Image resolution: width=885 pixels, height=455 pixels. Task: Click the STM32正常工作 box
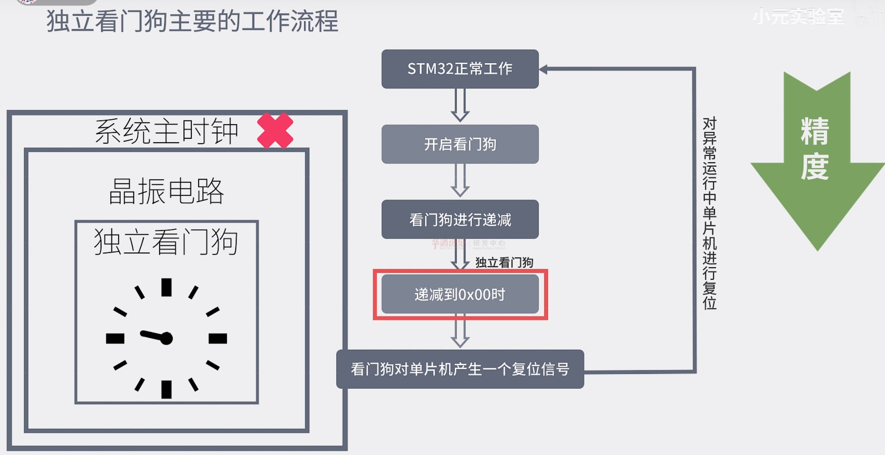click(460, 69)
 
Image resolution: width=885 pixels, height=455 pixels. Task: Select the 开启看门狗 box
click(460, 144)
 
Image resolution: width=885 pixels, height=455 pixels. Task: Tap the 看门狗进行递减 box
click(460, 219)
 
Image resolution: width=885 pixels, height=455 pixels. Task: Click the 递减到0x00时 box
click(460, 295)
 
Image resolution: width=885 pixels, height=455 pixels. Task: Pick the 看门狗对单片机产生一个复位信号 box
click(460, 369)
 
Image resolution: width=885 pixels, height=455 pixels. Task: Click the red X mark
click(275, 131)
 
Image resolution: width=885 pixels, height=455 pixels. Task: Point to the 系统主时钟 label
click(167, 131)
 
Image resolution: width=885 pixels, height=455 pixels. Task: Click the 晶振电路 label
click(166, 191)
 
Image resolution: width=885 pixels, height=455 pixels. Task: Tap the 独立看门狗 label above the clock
click(166, 242)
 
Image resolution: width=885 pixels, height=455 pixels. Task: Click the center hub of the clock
click(167, 338)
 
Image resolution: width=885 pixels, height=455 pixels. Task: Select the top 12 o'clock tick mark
click(167, 288)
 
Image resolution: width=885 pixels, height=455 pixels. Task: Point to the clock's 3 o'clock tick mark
click(218, 338)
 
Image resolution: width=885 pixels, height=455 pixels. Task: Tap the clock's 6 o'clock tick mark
click(167, 389)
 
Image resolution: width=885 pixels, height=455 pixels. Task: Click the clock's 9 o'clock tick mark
click(115, 338)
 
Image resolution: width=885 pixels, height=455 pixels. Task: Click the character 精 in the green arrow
click(815, 131)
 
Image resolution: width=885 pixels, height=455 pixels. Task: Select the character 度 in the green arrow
click(815, 166)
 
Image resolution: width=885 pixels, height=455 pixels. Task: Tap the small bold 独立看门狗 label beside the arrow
click(504, 262)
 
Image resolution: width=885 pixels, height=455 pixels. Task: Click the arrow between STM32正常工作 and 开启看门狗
click(460, 105)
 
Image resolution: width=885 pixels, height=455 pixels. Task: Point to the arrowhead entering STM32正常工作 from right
click(543, 69)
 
